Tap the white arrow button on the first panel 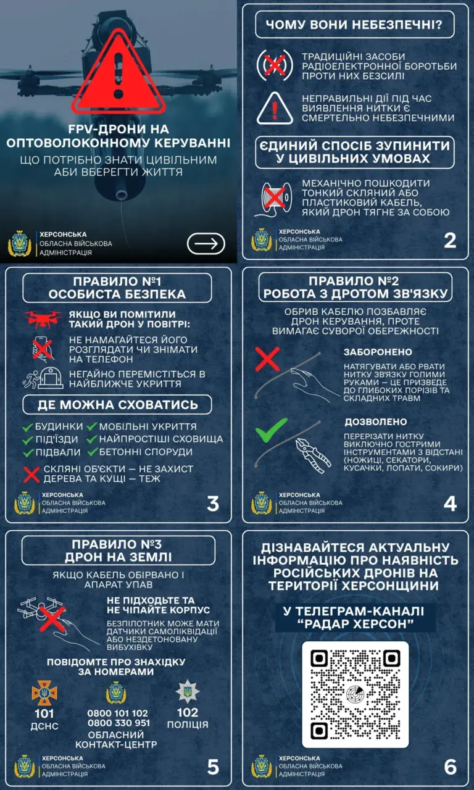pos(206,243)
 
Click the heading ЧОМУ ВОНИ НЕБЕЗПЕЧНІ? pos(354,25)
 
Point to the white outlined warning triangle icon pos(275,108)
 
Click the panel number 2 pos(450,241)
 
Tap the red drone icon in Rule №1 pos(43,318)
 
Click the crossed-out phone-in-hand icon pos(43,349)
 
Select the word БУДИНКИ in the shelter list pos(59,426)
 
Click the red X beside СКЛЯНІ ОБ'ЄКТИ pos(31,475)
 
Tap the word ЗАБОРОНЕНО pos(378,352)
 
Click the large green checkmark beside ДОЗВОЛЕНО pos(271,430)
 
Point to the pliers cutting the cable pos(313,455)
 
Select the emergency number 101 pos(44,714)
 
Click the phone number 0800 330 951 pos(119,723)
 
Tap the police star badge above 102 pos(188,692)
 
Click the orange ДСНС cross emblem pos(44,692)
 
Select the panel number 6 pos(451,767)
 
